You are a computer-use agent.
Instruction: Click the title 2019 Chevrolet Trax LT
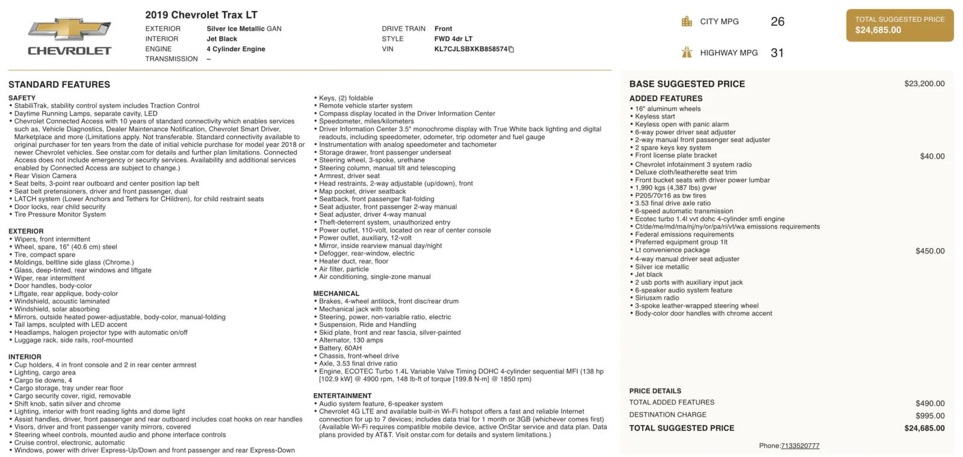pyautogui.click(x=201, y=14)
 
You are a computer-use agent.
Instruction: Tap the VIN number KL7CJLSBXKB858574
pyautogui.click(x=471, y=49)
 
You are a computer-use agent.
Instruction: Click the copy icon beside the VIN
pyautogui.click(x=511, y=49)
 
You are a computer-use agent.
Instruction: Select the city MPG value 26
pyautogui.click(x=777, y=22)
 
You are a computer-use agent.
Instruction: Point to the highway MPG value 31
pyautogui.click(x=777, y=53)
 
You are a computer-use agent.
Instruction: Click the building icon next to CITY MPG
pyautogui.click(x=687, y=22)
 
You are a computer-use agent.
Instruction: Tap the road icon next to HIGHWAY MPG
pyautogui.click(x=687, y=52)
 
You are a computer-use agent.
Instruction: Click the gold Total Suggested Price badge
pyautogui.click(x=899, y=25)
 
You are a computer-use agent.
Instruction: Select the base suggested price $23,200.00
pyautogui.click(x=924, y=84)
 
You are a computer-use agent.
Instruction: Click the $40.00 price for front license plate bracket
pyautogui.click(x=932, y=157)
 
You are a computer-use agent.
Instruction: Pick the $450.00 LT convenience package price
pyautogui.click(x=930, y=251)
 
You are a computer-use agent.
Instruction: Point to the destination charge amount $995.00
pyautogui.click(x=930, y=415)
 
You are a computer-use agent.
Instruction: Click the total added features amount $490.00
pyautogui.click(x=930, y=403)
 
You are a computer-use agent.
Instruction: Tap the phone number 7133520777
pyautogui.click(x=800, y=446)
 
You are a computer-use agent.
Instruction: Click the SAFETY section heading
pyautogui.click(x=22, y=98)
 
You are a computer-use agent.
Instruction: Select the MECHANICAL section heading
pyautogui.click(x=336, y=294)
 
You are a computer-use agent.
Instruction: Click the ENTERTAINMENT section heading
pyautogui.click(x=342, y=396)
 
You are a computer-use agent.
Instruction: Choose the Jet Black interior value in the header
pyautogui.click(x=221, y=39)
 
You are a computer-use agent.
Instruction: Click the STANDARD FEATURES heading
pyautogui.click(x=59, y=85)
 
